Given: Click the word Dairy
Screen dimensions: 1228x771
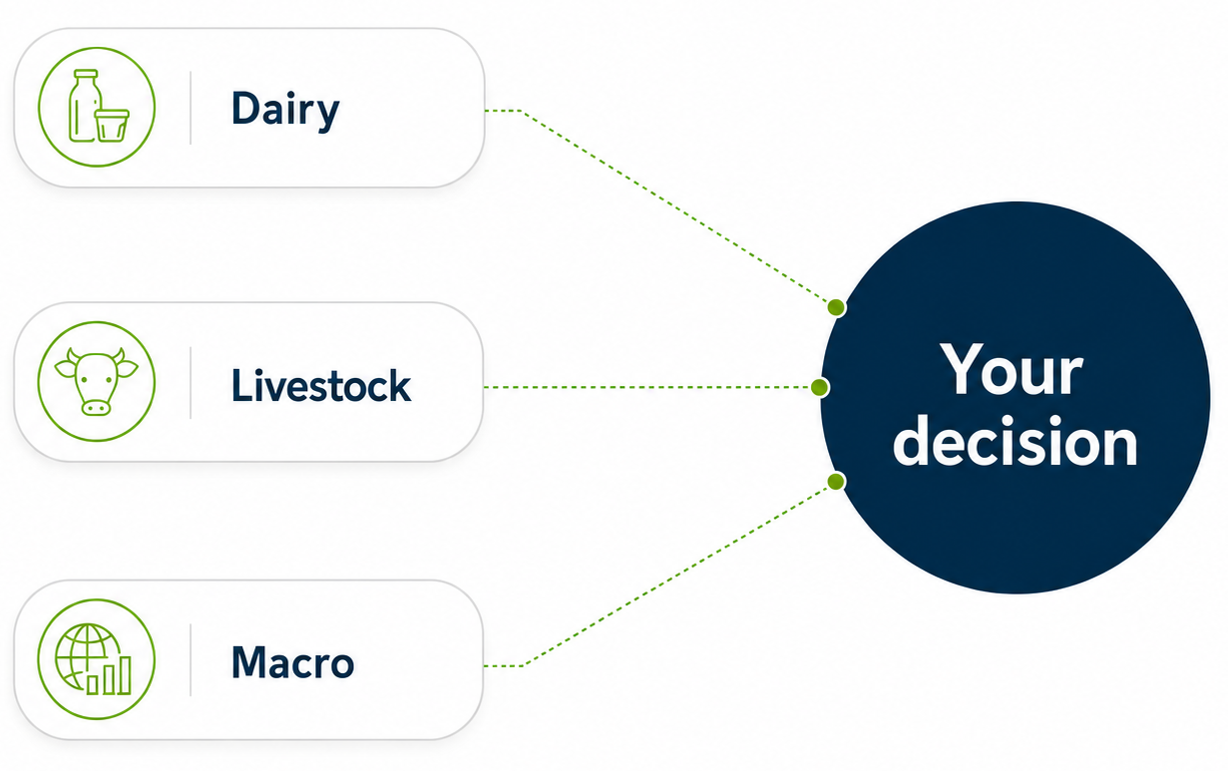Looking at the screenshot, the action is tap(285, 111).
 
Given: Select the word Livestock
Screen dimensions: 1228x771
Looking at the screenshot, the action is tap(321, 385).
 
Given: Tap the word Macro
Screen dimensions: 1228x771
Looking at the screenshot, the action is tap(292, 662).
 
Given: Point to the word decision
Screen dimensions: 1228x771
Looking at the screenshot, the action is tap(1016, 441).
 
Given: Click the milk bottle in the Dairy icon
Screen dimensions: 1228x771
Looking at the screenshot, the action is tap(85, 106).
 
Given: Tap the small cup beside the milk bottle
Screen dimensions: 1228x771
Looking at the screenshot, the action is tap(112, 125).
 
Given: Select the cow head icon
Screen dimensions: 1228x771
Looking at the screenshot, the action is tap(97, 381).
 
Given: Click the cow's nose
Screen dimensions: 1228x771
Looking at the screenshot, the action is tap(96, 407).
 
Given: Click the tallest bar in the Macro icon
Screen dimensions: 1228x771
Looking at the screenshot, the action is tap(126, 675).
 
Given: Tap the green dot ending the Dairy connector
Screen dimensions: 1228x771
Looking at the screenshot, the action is tap(836, 307).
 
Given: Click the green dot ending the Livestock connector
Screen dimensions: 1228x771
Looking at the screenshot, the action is tap(820, 387).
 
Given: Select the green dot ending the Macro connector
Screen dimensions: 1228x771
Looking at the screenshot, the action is tap(836, 482).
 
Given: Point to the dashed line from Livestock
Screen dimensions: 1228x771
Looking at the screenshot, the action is tap(646, 387).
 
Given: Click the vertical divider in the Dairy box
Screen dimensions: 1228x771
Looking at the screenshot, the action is tap(191, 108).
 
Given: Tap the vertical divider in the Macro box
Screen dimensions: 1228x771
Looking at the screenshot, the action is tap(191, 659).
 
